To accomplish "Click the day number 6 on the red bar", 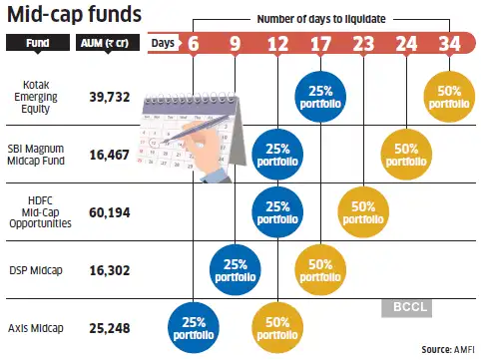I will coord(193,44).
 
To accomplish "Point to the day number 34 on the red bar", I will coord(450,44).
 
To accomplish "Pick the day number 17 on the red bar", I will coord(320,44).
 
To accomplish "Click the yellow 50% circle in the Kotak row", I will coord(450,97).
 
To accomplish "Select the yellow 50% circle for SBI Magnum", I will coord(407,154).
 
